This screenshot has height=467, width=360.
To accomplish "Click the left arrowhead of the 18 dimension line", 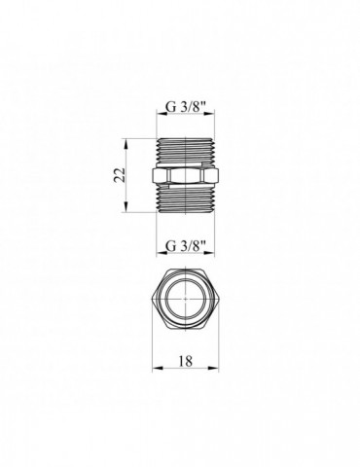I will [158, 370].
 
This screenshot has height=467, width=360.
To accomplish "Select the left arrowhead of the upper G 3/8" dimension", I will [161, 122].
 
